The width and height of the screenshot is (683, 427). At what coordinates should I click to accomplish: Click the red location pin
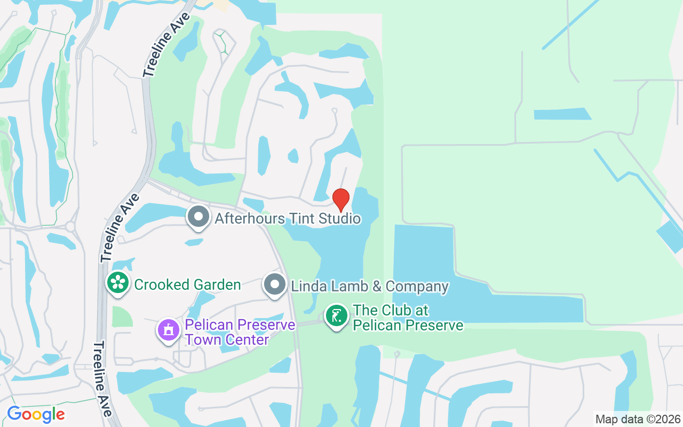click(x=341, y=200)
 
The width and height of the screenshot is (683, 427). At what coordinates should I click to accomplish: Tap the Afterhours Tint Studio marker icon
click(x=199, y=217)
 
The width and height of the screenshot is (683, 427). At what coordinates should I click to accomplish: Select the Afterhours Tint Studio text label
click(x=288, y=218)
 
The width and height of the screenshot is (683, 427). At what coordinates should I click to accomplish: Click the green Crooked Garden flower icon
click(x=117, y=283)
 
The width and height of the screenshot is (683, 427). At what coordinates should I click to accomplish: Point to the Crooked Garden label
click(x=187, y=284)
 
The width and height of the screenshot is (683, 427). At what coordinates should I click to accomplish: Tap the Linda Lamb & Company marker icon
click(x=275, y=284)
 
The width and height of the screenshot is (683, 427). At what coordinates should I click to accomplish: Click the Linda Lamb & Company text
click(x=369, y=286)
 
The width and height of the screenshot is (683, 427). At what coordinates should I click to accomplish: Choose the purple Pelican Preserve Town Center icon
click(x=169, y=329)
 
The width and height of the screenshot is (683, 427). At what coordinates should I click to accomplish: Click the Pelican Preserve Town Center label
click(x=240, y=331)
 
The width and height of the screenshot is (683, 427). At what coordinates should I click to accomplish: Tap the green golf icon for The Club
click(x=337, y=316)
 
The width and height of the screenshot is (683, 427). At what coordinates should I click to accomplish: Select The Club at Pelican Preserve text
click(x=408, y=318)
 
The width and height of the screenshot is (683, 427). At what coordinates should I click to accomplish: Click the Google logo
click(x=36, y=414)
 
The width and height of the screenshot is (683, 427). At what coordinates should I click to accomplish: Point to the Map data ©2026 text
click(x=638, y=419)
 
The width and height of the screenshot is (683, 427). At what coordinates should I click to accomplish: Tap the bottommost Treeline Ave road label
click(x=102, y=379)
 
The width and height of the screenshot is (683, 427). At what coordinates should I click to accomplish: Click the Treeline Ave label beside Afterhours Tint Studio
click(x=120, y=228)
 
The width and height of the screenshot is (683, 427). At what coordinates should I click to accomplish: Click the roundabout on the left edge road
click(x=70, y=226)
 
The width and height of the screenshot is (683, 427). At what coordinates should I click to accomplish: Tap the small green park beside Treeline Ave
click(x=122, y=316)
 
